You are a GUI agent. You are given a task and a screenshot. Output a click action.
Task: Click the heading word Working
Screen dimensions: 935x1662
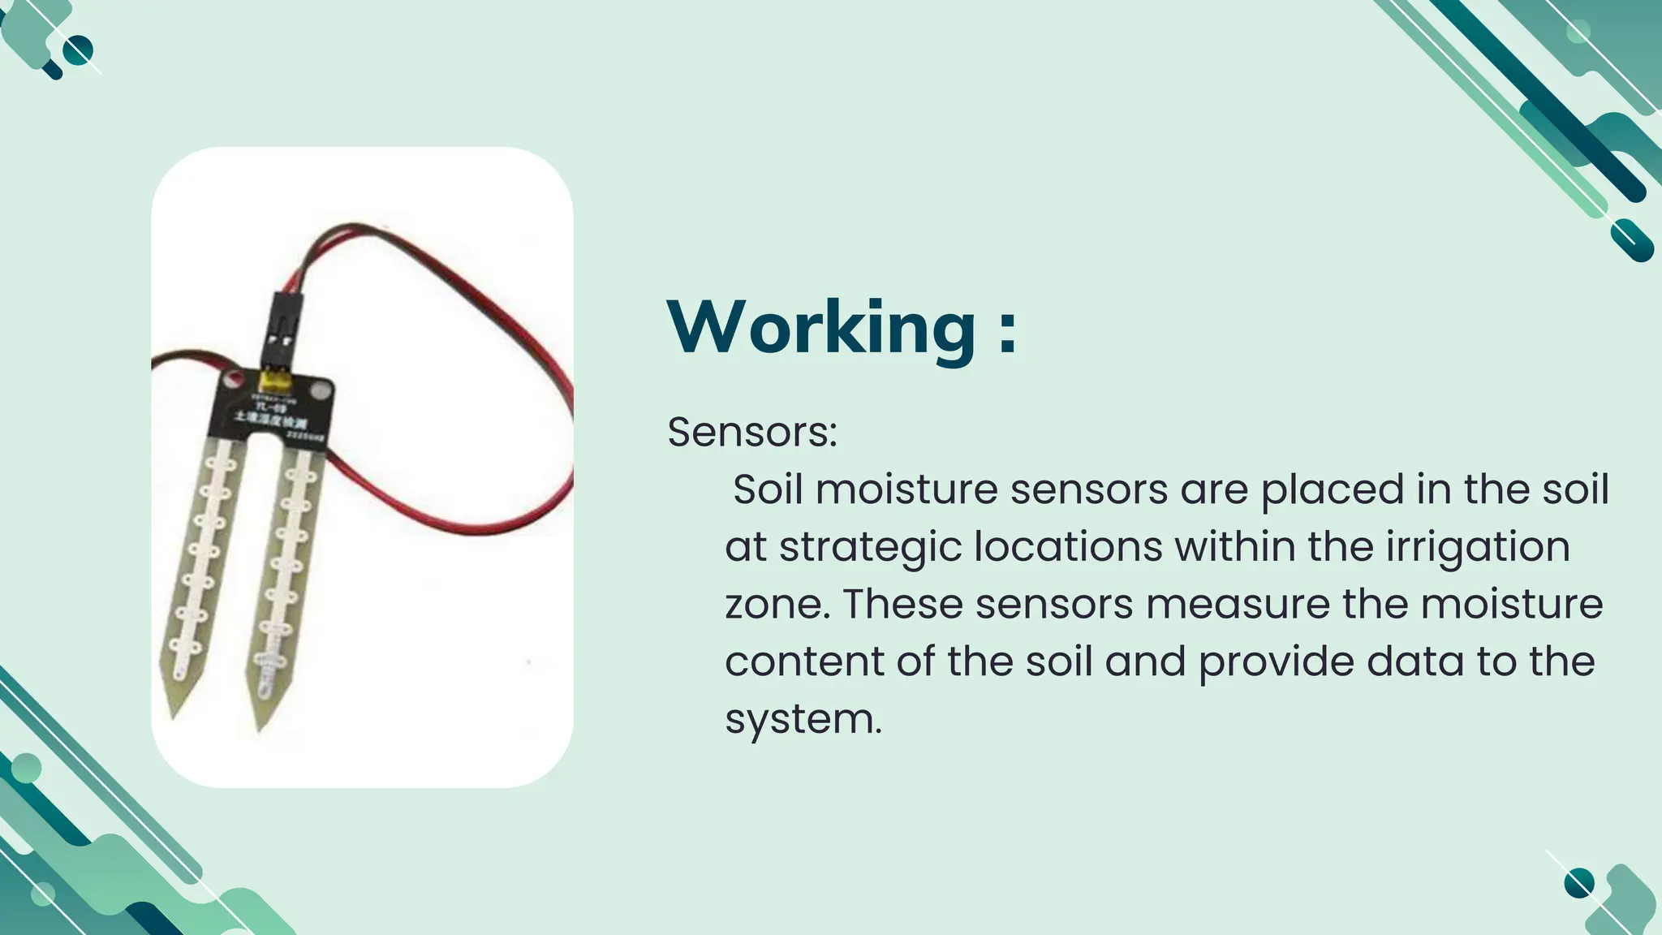click(821, 327)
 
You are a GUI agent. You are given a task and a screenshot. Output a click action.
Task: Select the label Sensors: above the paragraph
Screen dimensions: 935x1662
click(751, 432)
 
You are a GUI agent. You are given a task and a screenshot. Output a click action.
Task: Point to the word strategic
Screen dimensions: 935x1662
click(870, 548)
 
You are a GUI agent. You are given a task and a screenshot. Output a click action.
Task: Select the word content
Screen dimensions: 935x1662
click(803, 661)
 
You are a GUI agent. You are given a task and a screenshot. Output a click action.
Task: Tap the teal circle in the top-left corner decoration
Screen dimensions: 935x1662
click(78, 51)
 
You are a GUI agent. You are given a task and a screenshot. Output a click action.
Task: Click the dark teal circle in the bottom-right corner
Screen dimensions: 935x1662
click(1578, 883)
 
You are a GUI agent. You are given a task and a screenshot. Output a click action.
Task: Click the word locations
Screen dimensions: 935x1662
click(1068, 547)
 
